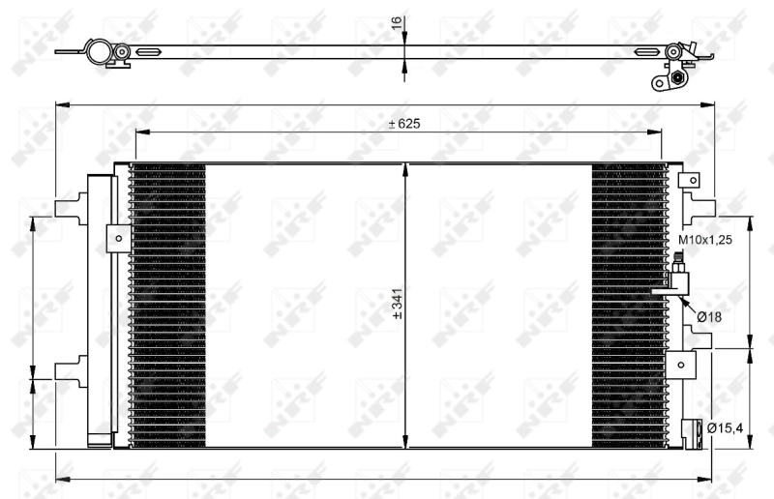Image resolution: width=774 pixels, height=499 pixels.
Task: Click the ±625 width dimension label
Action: pyautogui.click(x=403, y=124)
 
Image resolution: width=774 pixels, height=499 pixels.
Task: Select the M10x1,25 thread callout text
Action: pyautogui.click(x=704, y=239)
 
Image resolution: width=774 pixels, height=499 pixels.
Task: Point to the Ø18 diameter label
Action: pyautogui.click(x=710, y=316)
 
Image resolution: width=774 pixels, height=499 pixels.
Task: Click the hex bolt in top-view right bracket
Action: pyautogui.click(x=677, y=76)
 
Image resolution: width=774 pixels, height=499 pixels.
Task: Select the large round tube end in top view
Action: pyautogui.click(x=98, y=51)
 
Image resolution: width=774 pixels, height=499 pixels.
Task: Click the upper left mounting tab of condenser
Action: pyautogui.click(x=71, y=207)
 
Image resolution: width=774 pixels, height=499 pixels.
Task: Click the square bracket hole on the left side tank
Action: pyautogui.click(x=118, y=238)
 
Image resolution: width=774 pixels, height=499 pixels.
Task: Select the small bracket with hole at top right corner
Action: pyautogui.click(x=690, y=180)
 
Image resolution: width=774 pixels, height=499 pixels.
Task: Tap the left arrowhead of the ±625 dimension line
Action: pyautogui.click(x=138, y=133)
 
